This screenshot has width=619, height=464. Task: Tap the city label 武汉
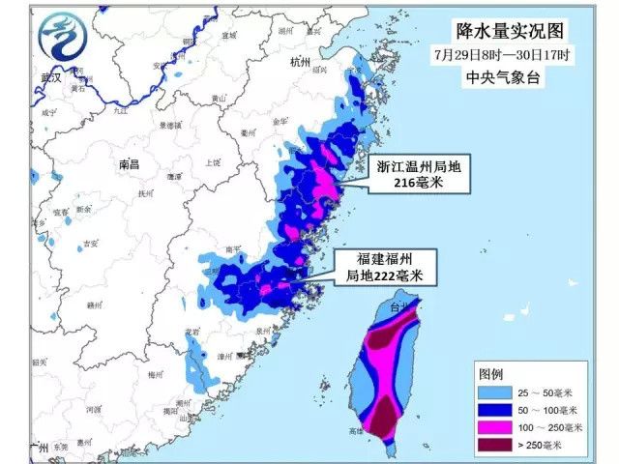point(51,76)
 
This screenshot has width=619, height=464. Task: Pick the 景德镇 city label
point(168,125)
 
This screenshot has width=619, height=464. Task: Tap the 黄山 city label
point(220,98)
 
